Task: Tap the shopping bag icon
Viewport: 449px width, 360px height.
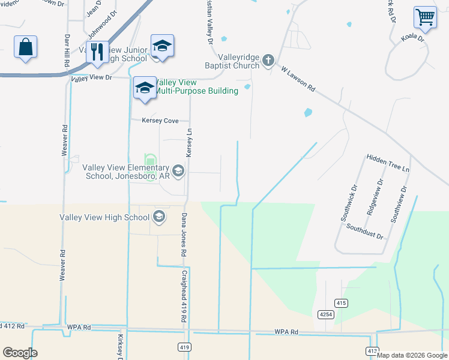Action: (25, 46)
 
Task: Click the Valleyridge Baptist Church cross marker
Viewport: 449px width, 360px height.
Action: (268, 60)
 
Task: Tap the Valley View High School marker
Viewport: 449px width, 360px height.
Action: (159, 217)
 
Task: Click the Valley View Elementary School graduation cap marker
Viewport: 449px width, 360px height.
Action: (178, 170)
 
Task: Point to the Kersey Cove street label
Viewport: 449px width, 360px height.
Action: (160, 121)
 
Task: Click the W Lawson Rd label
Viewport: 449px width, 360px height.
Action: (298, 78)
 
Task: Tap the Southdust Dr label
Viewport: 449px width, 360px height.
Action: (364, 232)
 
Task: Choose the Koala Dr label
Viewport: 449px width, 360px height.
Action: (412, 38)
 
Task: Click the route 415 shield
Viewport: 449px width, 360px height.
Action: (341, 304)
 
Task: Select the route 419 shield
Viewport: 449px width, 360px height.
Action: (184, 347)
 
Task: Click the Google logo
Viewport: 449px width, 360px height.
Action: (20, 353)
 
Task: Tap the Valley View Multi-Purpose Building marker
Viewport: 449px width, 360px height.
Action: (145, 88)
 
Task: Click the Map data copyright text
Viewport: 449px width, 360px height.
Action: (412, 355)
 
